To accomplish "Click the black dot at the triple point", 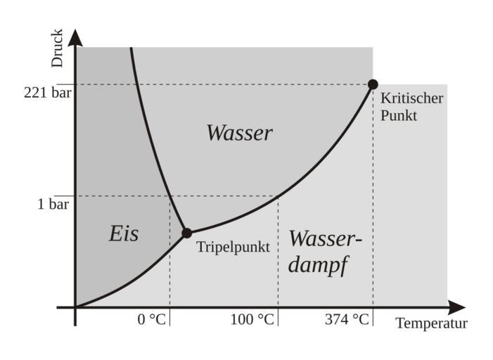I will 186,233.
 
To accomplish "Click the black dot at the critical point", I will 373,84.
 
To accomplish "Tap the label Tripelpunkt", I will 233,247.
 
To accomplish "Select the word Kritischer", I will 411,98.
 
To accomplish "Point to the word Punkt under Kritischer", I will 399,115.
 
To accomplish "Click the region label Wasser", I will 239,133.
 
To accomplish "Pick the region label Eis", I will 124,233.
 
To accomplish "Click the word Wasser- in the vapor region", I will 325,239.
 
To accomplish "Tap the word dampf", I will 319,266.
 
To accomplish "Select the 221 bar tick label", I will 47,91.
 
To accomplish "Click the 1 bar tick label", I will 53,205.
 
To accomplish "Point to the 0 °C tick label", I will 152,320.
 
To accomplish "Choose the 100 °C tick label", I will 252,320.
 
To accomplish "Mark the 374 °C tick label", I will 347,320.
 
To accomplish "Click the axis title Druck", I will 58,48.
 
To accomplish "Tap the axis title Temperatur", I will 431,324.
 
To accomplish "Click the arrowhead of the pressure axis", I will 75,35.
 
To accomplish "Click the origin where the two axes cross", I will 75,307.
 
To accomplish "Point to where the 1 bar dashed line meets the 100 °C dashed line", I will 278,196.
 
